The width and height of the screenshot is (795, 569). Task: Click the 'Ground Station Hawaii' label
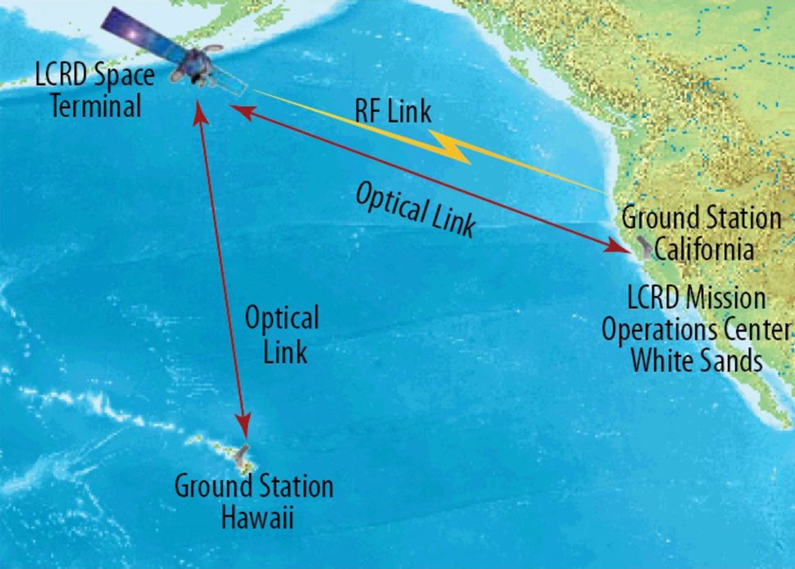(x=253, y=501)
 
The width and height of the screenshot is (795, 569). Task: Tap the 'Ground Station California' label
(x=702, y=233)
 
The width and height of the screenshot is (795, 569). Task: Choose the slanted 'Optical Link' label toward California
(x=415, y=209)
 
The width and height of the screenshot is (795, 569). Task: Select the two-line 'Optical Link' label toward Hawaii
(x=282, y=335)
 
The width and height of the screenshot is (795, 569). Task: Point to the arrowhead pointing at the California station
(x=616, y=245)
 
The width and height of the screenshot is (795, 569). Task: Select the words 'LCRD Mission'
(x=697, y=298)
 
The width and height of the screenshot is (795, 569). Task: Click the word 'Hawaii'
(x=253, y=517)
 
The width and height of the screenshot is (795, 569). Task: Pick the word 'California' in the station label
(x=706, y=248)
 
